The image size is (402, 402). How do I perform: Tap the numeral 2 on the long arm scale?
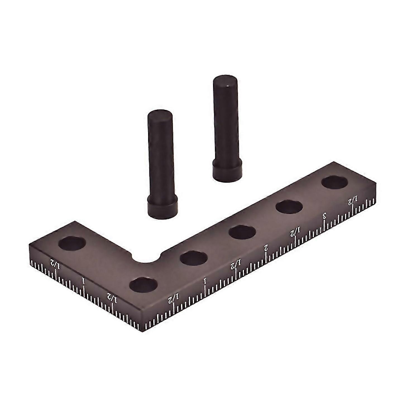pos(266,247)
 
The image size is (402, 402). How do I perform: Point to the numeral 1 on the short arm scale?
pos(83,281)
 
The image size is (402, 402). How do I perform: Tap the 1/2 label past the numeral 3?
pos(353,200)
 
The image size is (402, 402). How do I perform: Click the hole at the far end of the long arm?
pos(334,183)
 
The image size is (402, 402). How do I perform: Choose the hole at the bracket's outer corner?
pos(143,285)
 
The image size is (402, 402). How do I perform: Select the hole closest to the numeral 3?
pos(289,207)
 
